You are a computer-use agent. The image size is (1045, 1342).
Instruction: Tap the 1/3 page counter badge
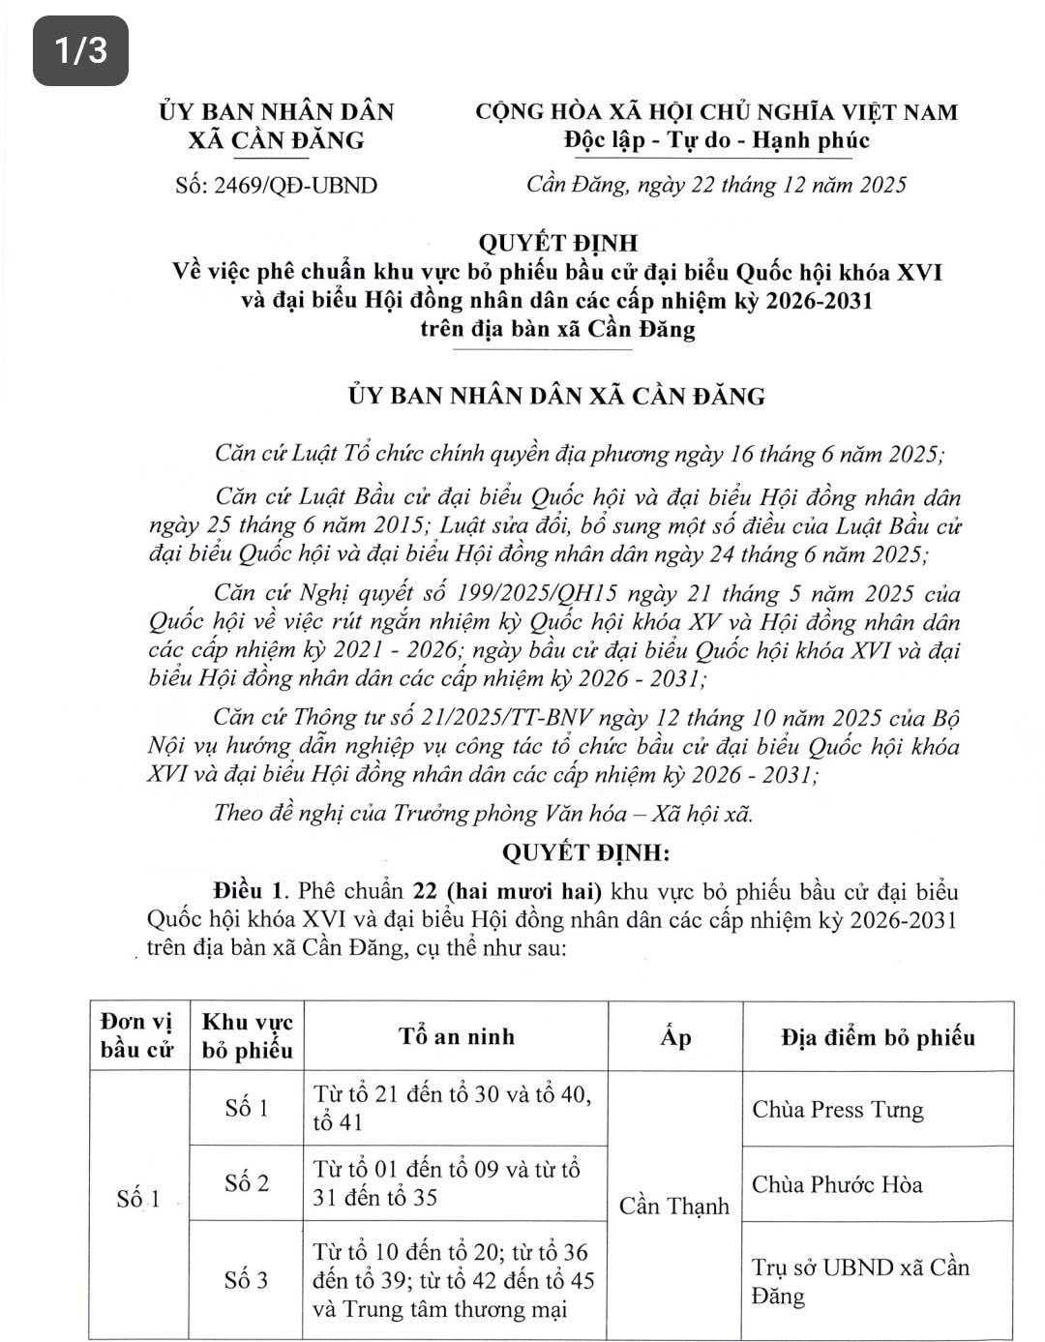coord(80,50)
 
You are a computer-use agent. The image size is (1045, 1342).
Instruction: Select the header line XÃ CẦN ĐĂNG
coord(277,141)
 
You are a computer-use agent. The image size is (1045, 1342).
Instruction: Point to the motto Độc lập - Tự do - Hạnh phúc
coord(717,141)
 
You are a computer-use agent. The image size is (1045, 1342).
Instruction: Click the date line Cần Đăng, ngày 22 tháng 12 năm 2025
coord(716,185)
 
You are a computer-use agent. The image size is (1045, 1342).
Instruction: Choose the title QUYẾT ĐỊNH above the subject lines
coord(559,243)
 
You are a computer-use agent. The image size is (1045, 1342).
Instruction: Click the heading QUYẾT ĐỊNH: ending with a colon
coord(585,852)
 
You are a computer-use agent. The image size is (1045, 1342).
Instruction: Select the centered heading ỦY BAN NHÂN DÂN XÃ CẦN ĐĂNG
coord(557,396)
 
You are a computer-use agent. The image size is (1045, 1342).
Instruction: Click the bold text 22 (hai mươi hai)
coord(507,890)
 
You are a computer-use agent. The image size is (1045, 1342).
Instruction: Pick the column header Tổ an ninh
coord(457,1036)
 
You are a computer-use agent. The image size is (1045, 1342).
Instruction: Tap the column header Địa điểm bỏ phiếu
coord(878,1037)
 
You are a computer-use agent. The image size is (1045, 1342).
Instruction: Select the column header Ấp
coord(675,1037)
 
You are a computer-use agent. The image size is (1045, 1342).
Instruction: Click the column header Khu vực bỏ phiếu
coord(247,1035)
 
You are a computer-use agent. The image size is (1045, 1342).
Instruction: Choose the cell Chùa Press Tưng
coord(838,1109)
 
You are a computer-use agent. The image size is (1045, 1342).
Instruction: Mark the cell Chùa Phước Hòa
coord(838,1184)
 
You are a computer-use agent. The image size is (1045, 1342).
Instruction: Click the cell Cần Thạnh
coord(674,1206)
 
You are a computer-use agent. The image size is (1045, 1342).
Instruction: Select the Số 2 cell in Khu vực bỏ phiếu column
coord(247,1182)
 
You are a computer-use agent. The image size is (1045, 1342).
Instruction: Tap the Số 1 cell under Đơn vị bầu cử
coord(138,1200)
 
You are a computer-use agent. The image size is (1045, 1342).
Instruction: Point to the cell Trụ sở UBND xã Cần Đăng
coord(860,1281)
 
